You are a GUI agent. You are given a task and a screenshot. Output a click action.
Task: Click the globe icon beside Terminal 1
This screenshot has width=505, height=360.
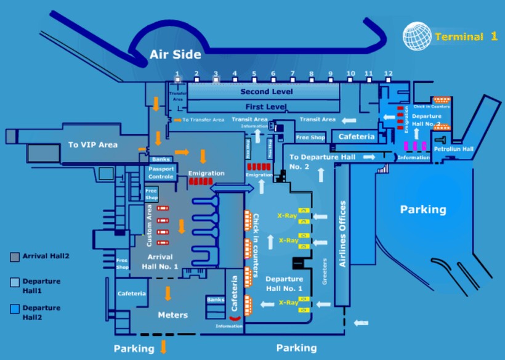click(x=416, y=36)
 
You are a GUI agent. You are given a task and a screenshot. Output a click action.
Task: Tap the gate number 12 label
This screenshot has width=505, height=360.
click(x=388, y=74)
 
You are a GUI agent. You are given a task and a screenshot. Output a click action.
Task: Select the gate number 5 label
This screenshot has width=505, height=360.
click(x=254, y=75)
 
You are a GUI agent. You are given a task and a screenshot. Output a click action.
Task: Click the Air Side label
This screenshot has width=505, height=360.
click(x=175, y=55)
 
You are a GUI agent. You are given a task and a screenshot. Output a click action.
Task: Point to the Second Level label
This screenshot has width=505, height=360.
click(x=266, y=91)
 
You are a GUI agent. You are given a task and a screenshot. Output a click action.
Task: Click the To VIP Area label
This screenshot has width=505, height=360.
click(x=92, y=145)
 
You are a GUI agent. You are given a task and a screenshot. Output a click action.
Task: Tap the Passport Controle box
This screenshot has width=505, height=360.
click(x=161, y=172)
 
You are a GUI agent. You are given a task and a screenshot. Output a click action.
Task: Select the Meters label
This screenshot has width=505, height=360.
click(x=172, y=315)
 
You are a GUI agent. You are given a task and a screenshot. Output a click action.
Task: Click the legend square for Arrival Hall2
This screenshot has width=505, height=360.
click(x=15, y=256)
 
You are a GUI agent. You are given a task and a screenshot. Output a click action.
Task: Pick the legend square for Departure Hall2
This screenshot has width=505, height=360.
click(x=15, y=308)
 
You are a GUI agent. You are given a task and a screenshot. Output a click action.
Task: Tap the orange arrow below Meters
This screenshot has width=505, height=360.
click(x=164, y=346)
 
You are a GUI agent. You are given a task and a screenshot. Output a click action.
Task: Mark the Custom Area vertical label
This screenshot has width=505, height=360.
click(x=150, y=226)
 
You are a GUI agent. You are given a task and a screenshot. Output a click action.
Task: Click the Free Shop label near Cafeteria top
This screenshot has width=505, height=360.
click(x=310, y=137)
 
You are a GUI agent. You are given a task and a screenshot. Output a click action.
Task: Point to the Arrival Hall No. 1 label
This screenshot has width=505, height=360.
click(x=163, y=261)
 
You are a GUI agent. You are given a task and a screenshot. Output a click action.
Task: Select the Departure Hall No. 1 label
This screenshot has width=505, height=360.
click(x=284, y=284)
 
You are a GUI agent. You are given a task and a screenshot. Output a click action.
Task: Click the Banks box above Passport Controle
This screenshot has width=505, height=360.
click(x=161, y=159)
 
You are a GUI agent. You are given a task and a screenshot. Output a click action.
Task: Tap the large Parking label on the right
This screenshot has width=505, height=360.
click(x=423, y=210)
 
